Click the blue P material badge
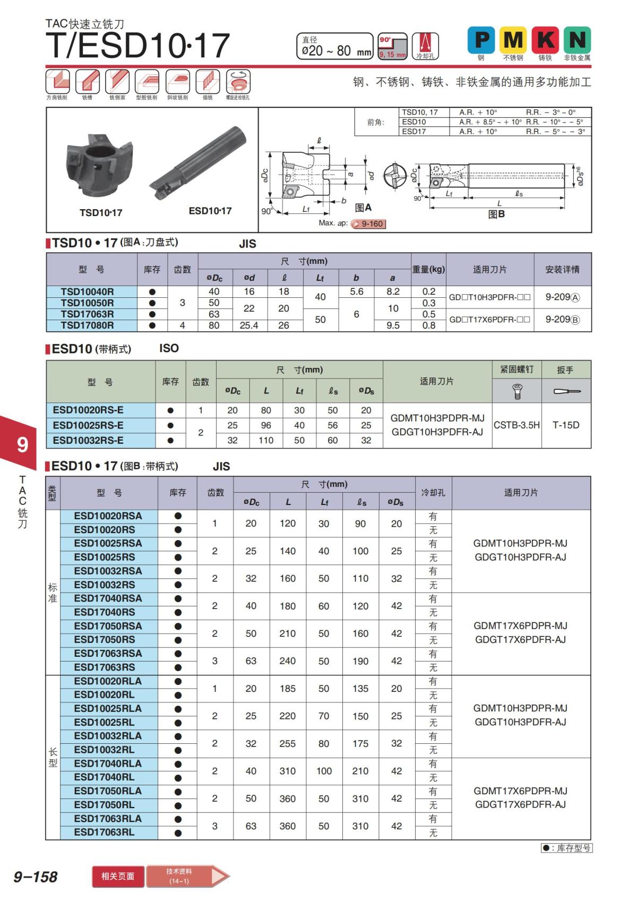pyautogui.click(x=481, y=40)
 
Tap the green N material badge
pyautogui.click(x=577, y=40)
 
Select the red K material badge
pyautogui.click(x=545, y=40)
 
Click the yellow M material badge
pyautogui.click(x=513, y=40)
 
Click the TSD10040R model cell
pyautogui.click(x=87, y=291)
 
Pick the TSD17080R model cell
pyautogui.click(x=87, y=325)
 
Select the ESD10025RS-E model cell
pyautogui.click(x=88, y=425)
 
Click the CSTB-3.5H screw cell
pyautogui.click(x=517, y=425)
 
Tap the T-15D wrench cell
pyautogui.click(x=566, y=425)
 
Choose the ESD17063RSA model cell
pyautogui.click(x=108, y=654)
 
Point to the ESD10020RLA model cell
pyautogui.click(x=108, y=681)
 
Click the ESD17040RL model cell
pyautogui.click(x=104, y=777)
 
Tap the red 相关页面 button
pyautogui.click(x=118, y=876)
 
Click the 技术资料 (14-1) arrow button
pyautogui.click(x=186, y=876)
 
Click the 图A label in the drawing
pyautogui.click(x=363, y=208)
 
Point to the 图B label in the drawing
pyautogui.click(x=496, y=214)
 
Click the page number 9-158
pyautogui.click(x=36, y=877)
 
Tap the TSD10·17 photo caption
pyautogui.click(x=101, y=213)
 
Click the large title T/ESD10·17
pyautogui.click(x=138, y=46)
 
